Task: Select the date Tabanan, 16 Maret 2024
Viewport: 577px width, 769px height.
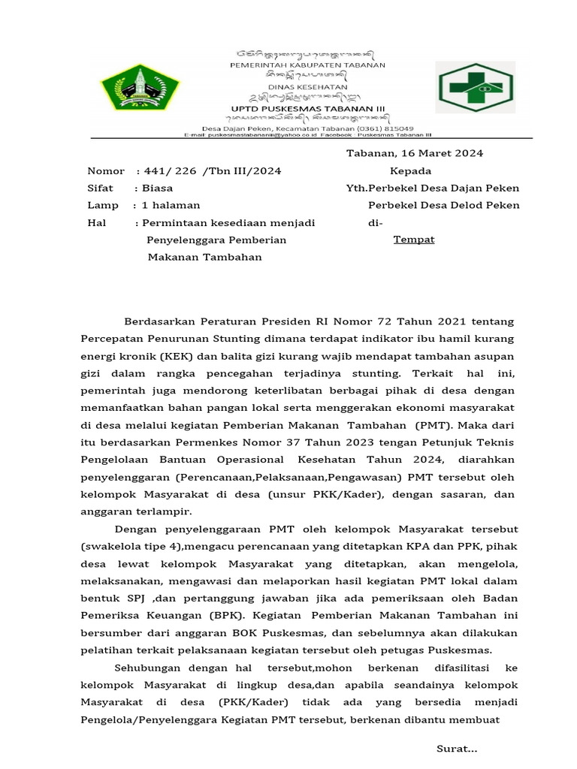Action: pyautogui.click(x=414, y=153)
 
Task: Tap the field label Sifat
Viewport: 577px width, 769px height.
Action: pyautogui.click(x=100, y=188)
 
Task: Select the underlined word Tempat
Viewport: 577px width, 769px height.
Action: pyautogui.click(x=414, y=240)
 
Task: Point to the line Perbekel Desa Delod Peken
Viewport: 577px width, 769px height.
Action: pyautogui.click(x=443, y=206)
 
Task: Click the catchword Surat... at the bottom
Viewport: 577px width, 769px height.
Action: pyautogui.click(x=457, y=749)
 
